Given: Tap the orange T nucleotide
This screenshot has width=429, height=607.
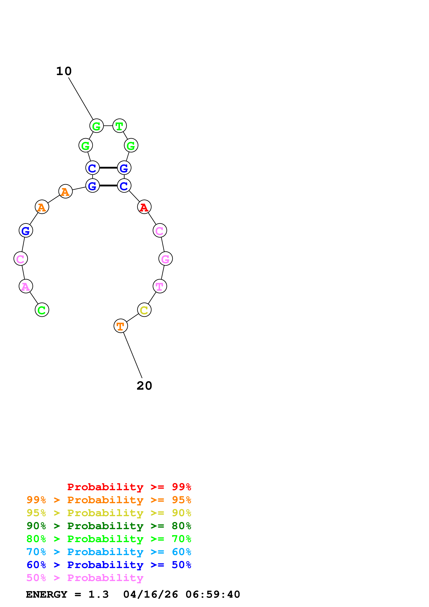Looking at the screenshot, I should (121, 326).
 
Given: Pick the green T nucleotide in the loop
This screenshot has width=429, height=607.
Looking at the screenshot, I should (119, 126).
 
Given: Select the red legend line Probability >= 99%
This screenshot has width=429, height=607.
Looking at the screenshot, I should (129, 487).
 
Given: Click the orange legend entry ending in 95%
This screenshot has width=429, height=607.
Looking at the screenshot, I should (109, 500).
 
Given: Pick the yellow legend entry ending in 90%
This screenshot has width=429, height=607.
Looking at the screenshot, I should (109, 513).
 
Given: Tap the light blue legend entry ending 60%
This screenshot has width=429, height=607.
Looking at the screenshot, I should (109, 552).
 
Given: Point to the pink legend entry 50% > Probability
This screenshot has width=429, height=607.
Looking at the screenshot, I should (85, 578).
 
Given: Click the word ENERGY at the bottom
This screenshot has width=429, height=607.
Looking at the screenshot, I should (47, 594).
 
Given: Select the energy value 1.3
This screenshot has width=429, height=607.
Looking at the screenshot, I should (98, 594).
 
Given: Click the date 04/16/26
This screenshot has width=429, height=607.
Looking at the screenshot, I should (150, 594).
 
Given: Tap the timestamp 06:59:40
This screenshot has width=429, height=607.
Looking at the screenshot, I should (213, 594).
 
